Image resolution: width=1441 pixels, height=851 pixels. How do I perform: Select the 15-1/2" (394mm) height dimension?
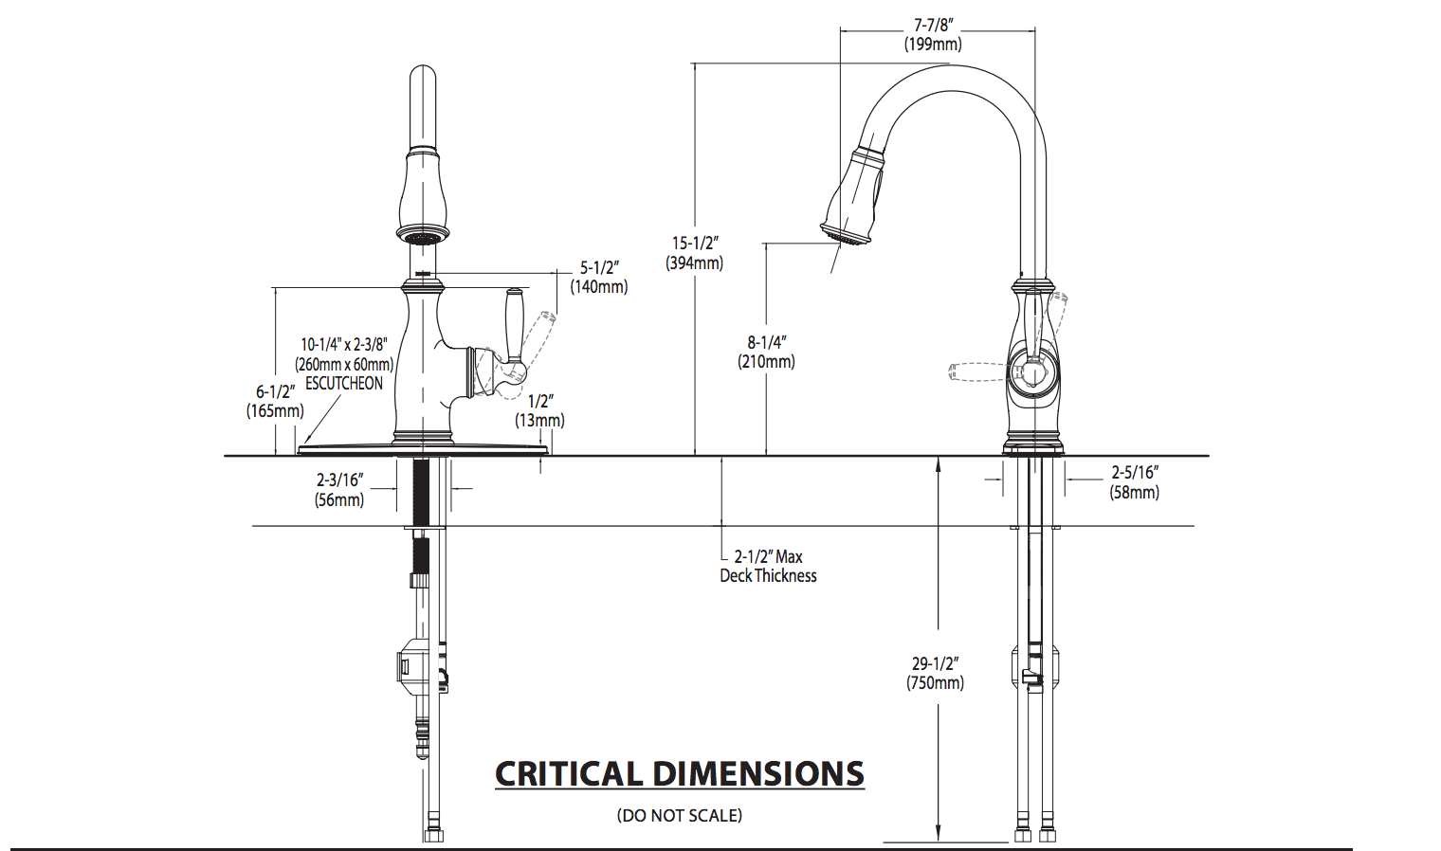point(695,253)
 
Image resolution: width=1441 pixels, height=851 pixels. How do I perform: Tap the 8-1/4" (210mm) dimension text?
point(766,352)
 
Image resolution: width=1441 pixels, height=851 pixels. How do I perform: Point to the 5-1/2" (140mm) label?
point(599,278)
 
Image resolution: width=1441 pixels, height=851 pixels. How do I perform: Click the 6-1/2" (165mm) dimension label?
point(275,401)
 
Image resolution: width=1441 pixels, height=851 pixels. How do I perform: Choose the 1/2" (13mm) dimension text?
point(539,410)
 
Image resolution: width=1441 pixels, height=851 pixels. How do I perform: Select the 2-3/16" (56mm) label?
point(339,490)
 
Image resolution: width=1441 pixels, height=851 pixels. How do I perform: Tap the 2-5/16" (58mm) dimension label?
point(1134,482)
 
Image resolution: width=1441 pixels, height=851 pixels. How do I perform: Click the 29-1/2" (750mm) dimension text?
point(935,673)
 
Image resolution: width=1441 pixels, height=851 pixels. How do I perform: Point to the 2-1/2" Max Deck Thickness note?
point(768,566)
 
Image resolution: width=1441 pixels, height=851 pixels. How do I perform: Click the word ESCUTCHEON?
point(344,384)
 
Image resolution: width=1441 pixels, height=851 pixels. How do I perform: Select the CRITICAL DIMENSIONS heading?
point(680,774)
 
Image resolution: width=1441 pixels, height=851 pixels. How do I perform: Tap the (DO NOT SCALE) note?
point(680,815)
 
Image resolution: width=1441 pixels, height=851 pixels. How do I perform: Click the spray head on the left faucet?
point(423,194)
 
